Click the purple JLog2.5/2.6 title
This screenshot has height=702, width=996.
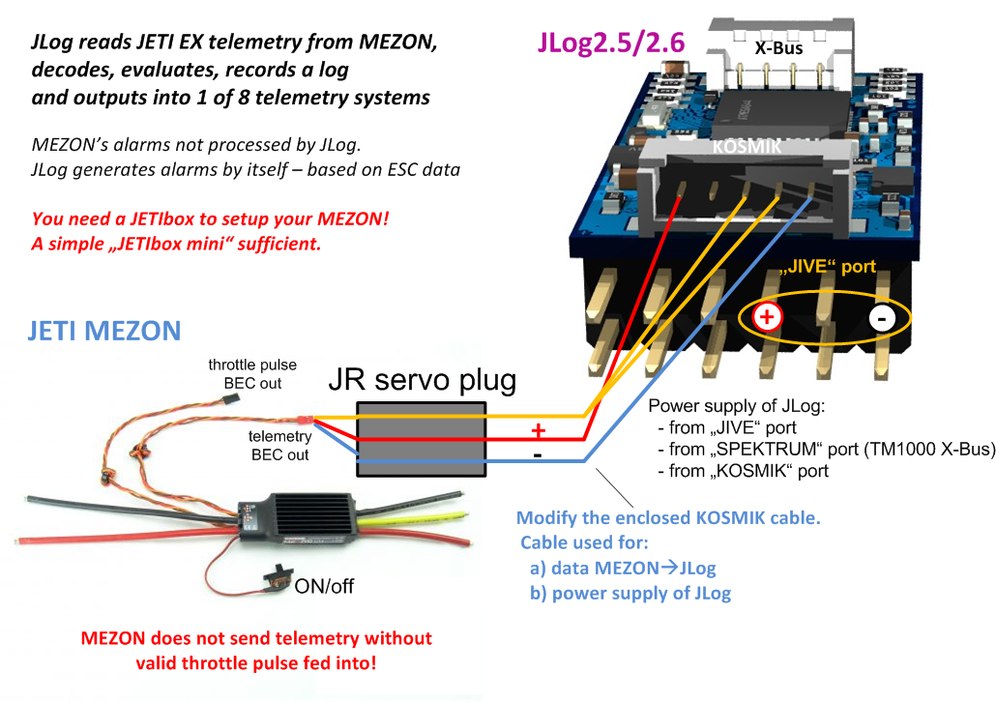click(x=611, y=42)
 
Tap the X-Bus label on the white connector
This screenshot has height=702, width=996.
click(x=778, y=47)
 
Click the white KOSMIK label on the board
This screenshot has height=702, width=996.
click(x=747, y=147)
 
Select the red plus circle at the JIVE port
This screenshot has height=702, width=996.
click(x=767, y=316)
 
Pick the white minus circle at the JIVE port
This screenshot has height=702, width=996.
click(x=882, y=318)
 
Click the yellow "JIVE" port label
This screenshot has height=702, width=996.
click(x=827, y=266)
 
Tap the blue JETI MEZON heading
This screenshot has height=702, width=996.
click(x=104, y=331)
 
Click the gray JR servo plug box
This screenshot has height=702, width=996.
click(x=422, y=439)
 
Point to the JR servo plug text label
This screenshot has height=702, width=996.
click(x=423, y=379)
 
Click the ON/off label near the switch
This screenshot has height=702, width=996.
click(x=324, y=586)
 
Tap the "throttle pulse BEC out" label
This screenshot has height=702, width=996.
click(x=252, y=373)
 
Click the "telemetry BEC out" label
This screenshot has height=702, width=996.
click(x=279, y=446)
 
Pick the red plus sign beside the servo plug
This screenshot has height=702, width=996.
click(x=538, y=430)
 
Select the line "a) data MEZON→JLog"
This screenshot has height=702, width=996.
click(x=623, y=568)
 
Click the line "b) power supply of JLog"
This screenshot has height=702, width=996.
click(x=630, y=594)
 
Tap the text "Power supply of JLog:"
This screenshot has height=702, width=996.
click(x=736, y=406)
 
